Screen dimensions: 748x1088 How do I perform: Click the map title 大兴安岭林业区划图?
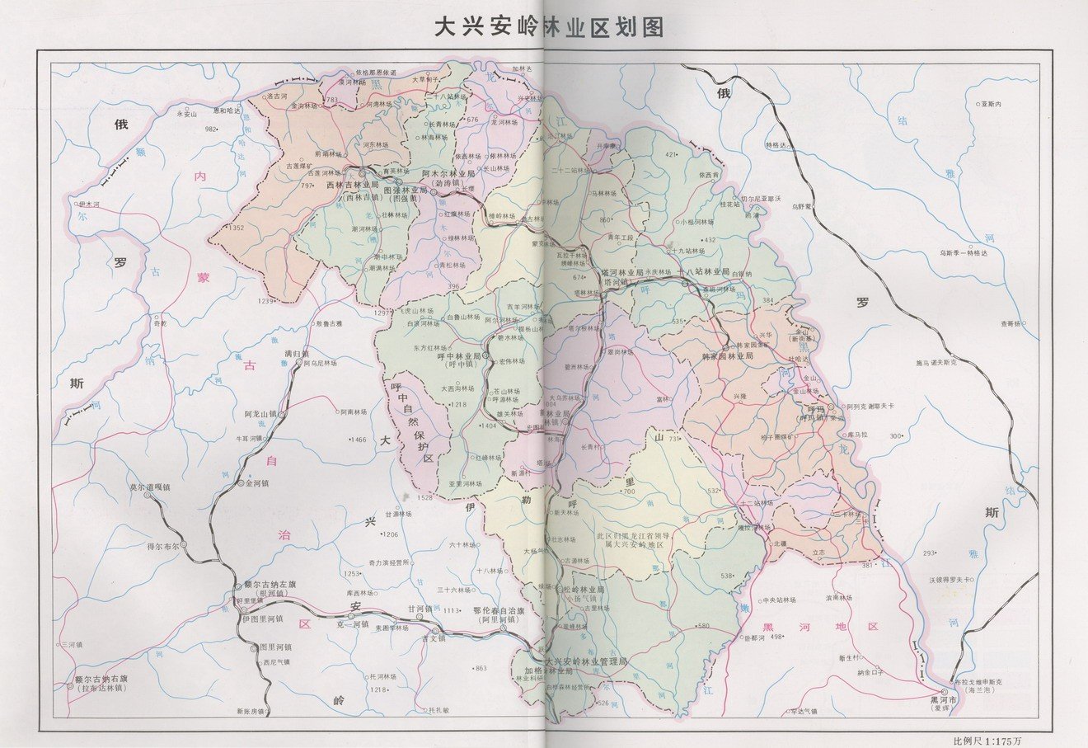coord(549,27)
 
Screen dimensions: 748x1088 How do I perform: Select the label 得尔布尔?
coord(167,546)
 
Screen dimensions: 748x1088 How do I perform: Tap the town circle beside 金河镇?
coord(240,483)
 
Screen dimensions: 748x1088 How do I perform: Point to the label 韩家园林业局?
coord(724,355)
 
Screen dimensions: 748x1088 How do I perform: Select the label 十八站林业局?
coord(702,271)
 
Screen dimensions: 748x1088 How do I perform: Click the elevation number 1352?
coord(237,228)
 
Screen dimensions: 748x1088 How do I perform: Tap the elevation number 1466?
coord(358,440)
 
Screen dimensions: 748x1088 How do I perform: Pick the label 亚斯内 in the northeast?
coord(989,105)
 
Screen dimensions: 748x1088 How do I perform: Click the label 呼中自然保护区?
coord(415,421)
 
